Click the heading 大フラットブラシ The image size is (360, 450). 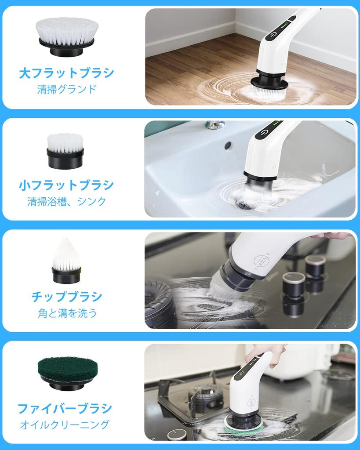click(66, 73)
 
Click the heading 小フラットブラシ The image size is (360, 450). click(66, 185)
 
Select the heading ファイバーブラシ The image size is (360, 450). click(65, 409)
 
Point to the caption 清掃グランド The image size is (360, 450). click(66, 89)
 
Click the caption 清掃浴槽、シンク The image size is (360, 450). click(66, 202)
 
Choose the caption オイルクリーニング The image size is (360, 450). click(65, 425)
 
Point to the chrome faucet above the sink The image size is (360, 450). click(215, 125)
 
